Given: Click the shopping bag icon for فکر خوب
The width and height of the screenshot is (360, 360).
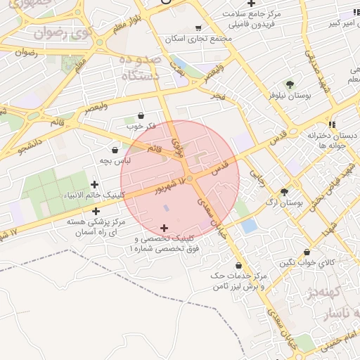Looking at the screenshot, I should (141, 115).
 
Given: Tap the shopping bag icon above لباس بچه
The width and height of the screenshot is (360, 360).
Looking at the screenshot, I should (115, 150).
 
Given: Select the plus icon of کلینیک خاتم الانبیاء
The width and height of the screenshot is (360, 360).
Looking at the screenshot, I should (94, 184).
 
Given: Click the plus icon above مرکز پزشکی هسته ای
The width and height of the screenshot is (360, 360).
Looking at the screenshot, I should (96, 210).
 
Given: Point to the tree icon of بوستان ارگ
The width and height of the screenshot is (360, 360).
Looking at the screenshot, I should (285, 192).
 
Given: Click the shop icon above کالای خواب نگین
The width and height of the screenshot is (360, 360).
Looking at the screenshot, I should (307, 252).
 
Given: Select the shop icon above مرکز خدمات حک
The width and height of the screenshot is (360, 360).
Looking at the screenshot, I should (239, 265).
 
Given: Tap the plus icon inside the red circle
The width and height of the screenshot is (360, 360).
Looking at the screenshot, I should (165, 228).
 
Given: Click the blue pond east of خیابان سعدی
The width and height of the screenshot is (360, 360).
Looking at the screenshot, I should (249, 226).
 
